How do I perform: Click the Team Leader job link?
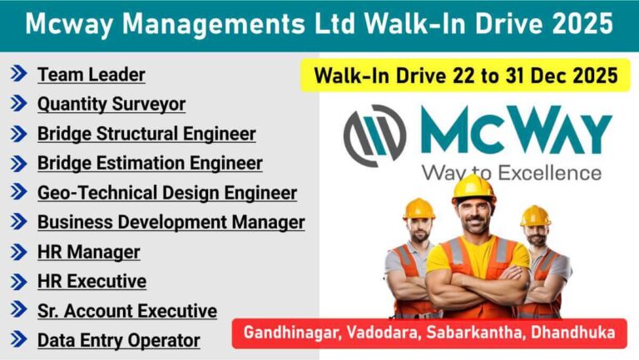tap(92, 75)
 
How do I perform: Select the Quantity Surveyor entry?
tap(111, 104)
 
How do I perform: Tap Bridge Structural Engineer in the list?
tap(146, 134)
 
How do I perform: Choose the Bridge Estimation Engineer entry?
tap(150, 163)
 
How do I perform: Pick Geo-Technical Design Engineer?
tap(167, 193)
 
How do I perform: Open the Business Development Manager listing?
tap(171, 222)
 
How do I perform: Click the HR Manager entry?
tap(89, 252)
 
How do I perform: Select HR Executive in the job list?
tap(92, 281)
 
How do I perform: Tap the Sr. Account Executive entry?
tap(127, 311)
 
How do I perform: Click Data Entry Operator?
tap(119, 340)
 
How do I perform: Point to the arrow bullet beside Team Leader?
tap(18, 75)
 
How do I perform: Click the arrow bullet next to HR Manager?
tap(18, 252)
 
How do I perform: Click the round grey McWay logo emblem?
tap(375, 134)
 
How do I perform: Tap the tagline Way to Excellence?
tap(511, 173)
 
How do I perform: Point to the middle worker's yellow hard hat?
tap(474, 189)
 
